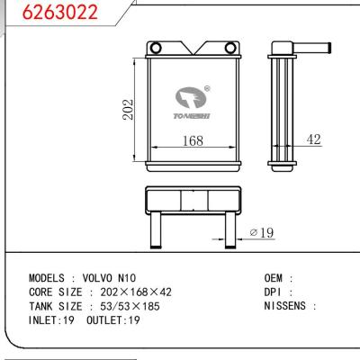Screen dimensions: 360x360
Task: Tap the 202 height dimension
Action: (129, 110)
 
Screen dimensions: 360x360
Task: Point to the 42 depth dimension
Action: (314, 139)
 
